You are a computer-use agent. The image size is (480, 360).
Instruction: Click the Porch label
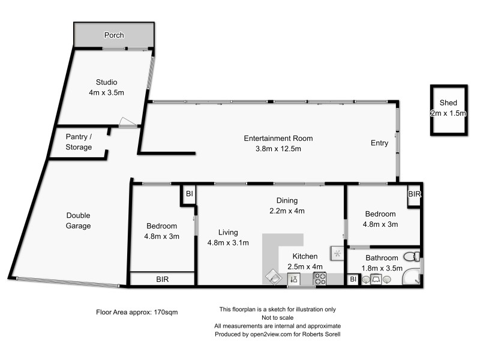[114, 35]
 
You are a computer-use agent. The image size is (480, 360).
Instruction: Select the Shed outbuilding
[449, 110]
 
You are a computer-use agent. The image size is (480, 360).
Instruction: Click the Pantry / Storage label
[79, 142]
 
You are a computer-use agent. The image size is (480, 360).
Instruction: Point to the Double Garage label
[79, 220]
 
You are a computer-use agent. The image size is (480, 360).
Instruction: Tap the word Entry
[379, 143]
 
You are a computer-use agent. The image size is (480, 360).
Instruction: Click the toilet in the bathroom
[412, 257]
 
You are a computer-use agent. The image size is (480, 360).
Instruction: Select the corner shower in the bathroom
[411, 277]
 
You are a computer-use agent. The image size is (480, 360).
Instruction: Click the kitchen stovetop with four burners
[320, 278]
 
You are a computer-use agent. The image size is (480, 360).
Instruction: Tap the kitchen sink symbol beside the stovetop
[294, 279]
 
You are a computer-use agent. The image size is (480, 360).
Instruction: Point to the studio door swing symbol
[127, 122]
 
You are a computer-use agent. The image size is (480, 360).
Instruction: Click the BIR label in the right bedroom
[414, 194]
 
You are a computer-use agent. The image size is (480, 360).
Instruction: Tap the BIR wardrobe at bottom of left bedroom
[162, 279]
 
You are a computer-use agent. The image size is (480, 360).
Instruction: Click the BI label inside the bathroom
[353, 279]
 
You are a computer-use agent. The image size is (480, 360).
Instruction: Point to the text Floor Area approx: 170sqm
[137, 312]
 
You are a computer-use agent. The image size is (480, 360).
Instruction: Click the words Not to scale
[278, 318]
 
